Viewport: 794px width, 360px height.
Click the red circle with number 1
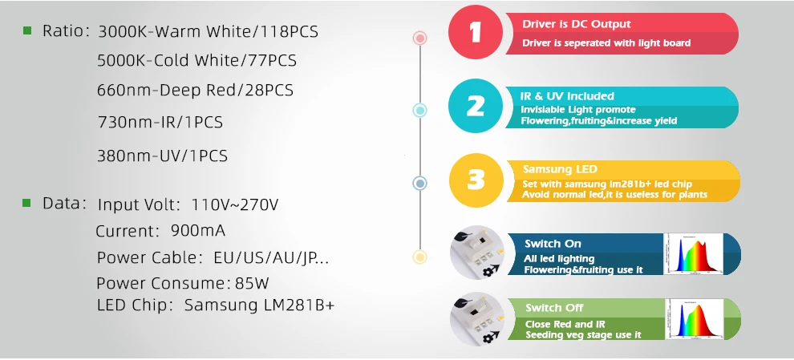[x=476, y=34]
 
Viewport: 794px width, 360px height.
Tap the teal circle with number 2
[x=476, y=107]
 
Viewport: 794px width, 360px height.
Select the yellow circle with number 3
[x=476, y=180]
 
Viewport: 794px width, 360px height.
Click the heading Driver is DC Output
[x=576, y=24]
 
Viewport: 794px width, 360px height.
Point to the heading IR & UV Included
[x=567, y=96]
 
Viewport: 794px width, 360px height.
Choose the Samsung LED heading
[x=560, y=169]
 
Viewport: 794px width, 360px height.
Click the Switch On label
[x=553, y=243]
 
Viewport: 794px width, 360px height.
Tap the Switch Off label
[x=554, y=308]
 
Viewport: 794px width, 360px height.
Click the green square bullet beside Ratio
[x=27, y=30]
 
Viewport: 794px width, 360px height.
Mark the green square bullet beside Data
[x=27, y=203]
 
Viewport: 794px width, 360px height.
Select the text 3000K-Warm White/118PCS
[x=208, y=32]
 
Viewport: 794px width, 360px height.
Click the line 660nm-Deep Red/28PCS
[x=195, y=90]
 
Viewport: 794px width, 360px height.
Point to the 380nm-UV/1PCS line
[x=162, y=156]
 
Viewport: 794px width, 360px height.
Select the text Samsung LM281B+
[x=259, y=305]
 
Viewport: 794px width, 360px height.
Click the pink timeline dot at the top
[x=419, y=38]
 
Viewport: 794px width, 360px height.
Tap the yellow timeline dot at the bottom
[x=419, y=257]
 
